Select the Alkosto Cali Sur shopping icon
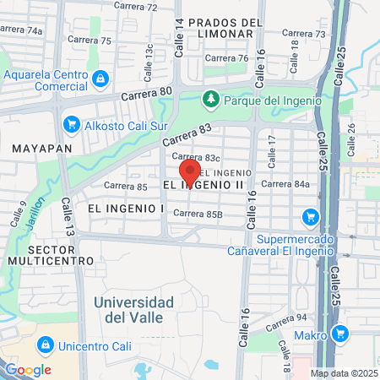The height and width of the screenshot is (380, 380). [71, 126]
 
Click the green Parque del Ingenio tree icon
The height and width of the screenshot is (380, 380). [210, 100]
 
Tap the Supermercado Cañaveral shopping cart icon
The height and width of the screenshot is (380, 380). [311, 216]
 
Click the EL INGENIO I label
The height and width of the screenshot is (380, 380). [125, 207]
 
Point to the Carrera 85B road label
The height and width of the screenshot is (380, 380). [198, 214]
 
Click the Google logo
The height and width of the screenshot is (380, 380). [28, 369]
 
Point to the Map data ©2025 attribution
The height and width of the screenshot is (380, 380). [343, 373]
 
